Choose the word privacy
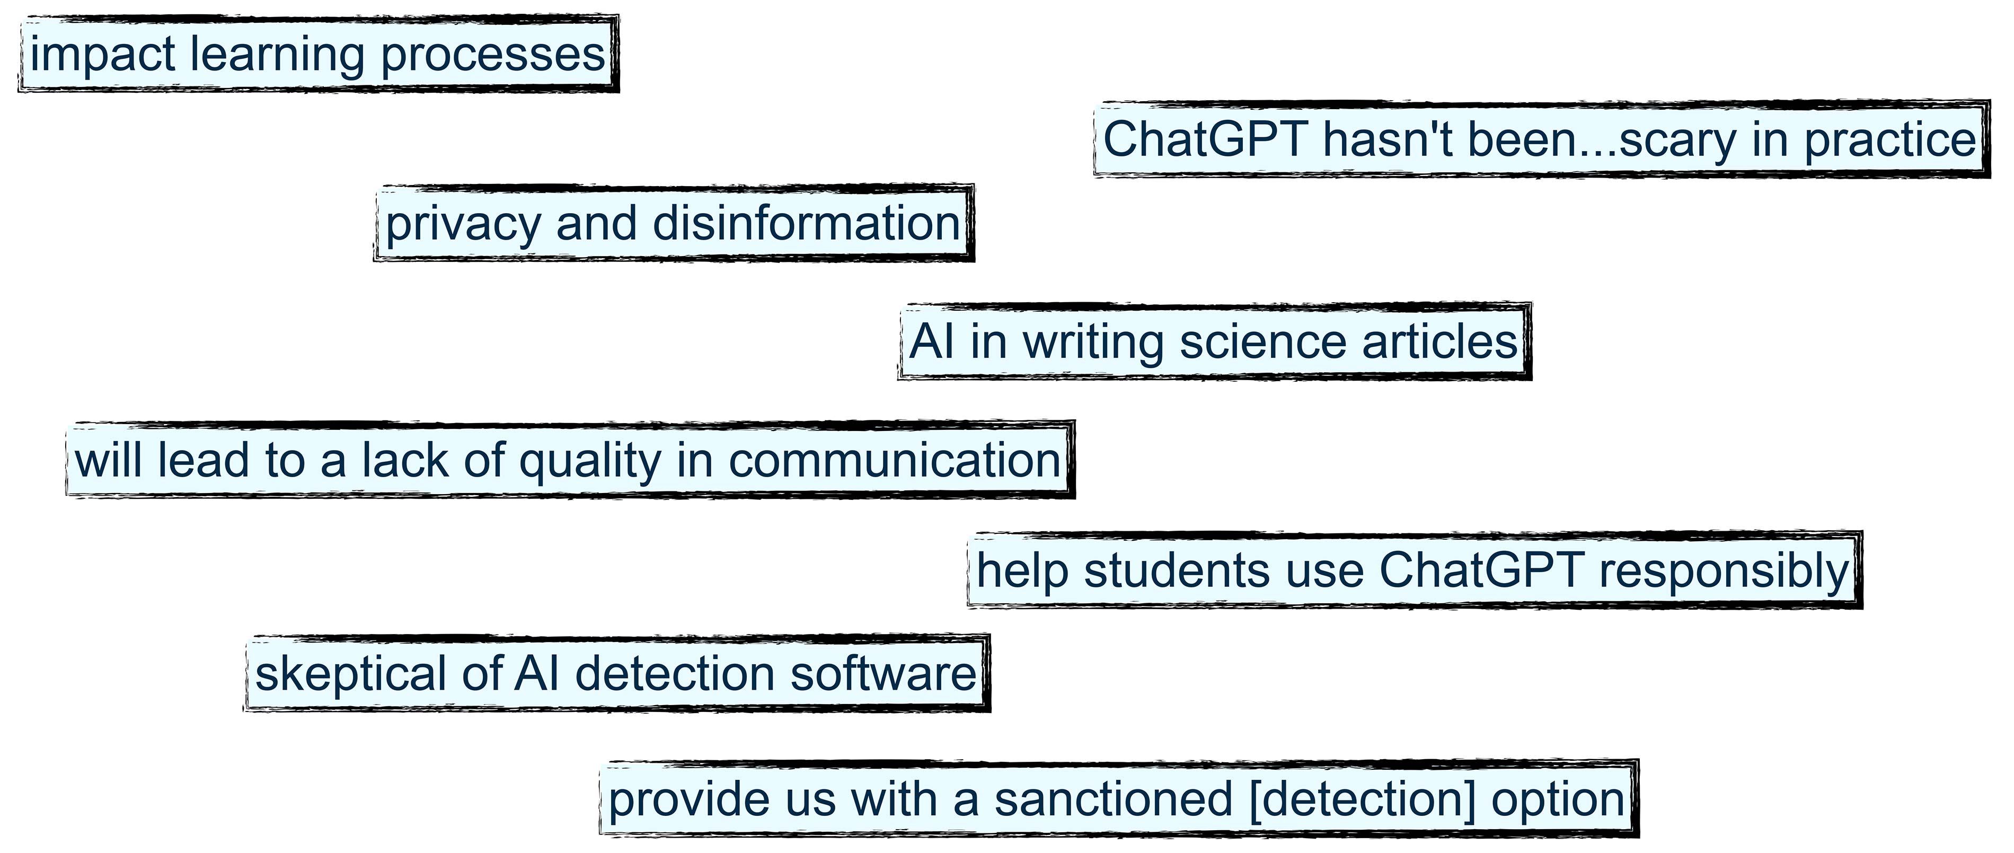point(462,224)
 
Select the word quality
point(590,461)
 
